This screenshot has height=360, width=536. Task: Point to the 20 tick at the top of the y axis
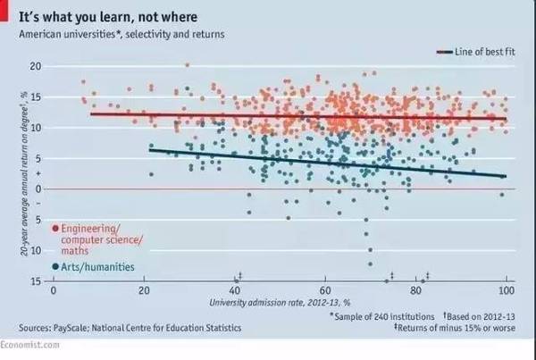[36, 66]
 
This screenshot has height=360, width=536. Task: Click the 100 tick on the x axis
[507, 291]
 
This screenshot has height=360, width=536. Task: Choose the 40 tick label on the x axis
[235, 291]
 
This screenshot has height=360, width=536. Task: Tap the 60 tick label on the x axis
[325, 291]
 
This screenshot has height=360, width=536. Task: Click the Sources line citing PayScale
[122, 328]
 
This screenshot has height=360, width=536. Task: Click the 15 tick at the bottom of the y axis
[36, 281]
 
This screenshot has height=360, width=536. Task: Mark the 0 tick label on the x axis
[54, 291]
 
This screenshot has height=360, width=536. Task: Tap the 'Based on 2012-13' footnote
[480, 315]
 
